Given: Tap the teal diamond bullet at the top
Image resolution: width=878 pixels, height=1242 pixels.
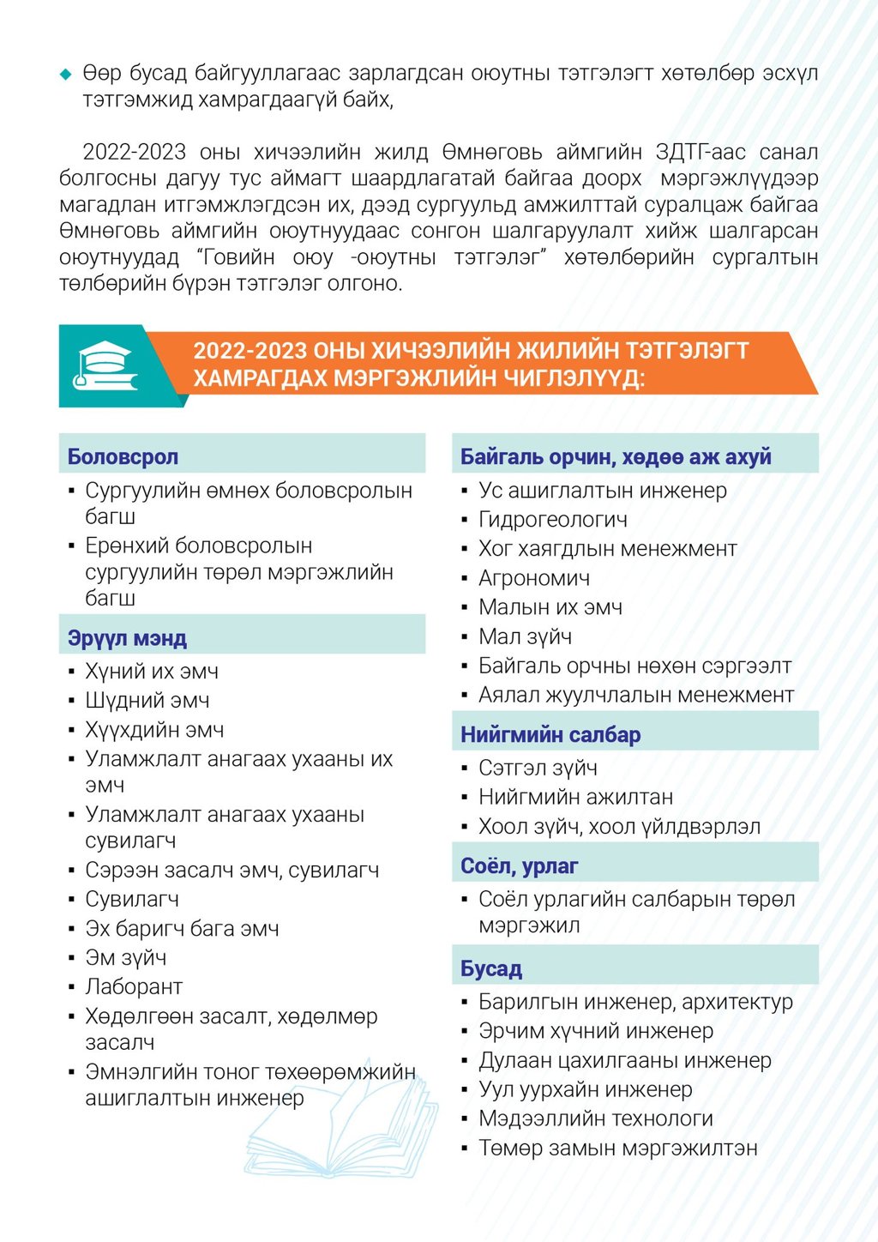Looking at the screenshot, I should point(66,75).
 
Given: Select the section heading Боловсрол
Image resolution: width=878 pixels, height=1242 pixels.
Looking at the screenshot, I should point(123,457).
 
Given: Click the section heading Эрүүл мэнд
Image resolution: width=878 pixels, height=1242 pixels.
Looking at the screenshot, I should point(127,638).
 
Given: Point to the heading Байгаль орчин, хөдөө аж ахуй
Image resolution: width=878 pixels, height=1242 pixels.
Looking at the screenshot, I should point(616,457).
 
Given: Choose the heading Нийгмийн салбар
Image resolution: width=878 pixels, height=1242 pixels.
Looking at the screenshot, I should point(550,735).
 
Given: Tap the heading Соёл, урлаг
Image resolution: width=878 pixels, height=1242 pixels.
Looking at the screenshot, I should point(520,866).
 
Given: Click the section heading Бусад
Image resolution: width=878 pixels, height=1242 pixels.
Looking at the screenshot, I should point(491,969).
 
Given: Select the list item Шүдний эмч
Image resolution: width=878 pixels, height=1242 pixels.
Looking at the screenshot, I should point(147,701).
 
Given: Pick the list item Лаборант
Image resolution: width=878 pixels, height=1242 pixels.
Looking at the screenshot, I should point(134,987).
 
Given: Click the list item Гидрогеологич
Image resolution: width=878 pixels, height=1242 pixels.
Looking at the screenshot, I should point(553,520).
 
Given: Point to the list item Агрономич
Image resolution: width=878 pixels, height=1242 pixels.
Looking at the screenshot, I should point(534,578).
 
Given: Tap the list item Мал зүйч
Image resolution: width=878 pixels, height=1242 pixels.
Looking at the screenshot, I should point(525,636).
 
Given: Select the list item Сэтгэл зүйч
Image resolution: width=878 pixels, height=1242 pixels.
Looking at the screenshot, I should point(538,768).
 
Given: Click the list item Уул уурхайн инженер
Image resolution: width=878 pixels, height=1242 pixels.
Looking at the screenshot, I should point(586,1089).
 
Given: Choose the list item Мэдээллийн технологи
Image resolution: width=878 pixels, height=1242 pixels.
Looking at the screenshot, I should point(596,1118).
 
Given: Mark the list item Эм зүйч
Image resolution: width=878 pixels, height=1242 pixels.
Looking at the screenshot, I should point(126,958).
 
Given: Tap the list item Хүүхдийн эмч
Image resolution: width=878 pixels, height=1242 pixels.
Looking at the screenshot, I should point(154,730).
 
